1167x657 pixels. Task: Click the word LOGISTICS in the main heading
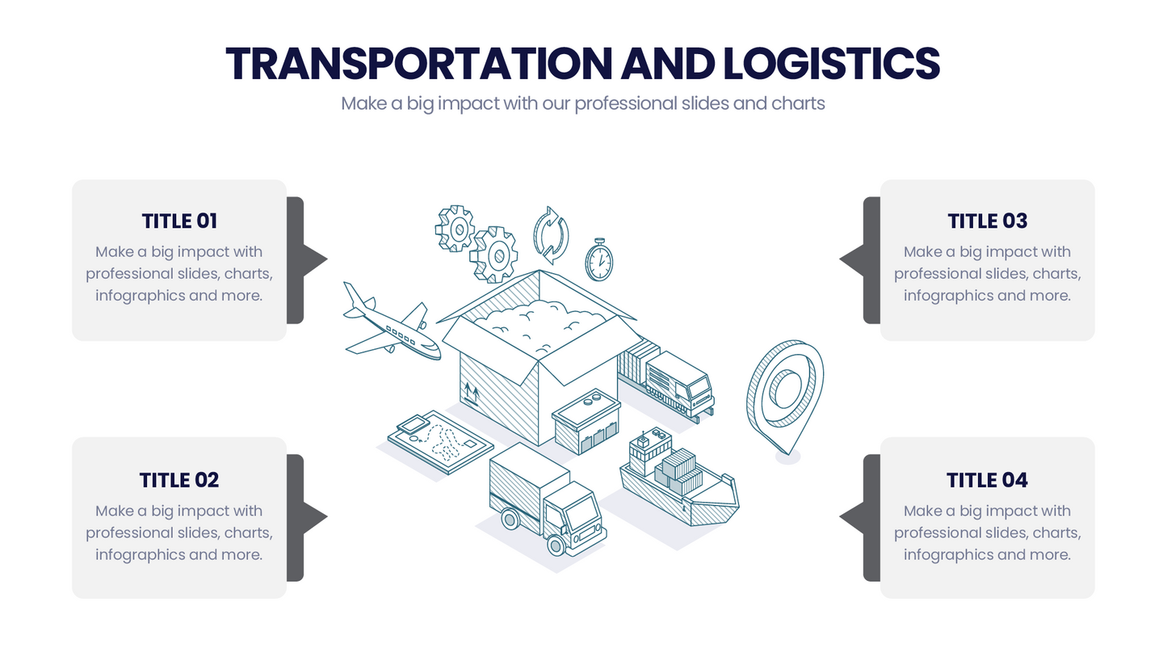tap(832, 64)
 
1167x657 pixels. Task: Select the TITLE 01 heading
tap(179, 221)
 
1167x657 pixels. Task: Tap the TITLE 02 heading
tap(179, 480)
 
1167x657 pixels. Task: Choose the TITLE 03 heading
tap(987, 221)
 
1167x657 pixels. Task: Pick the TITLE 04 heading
tap(987, 480)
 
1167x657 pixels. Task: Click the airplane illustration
tap(392, 322)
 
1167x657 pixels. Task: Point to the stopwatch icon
tap(598, 259)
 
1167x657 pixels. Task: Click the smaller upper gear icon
tap(455, 229)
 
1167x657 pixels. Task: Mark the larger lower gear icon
tap(493, 255)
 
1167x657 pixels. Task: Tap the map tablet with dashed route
tap(440, 442)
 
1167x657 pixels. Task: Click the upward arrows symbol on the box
tap(472, 394)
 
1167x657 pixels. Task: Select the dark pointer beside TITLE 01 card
tap(307, 260)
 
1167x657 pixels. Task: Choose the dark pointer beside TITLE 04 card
tap(859, 518)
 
